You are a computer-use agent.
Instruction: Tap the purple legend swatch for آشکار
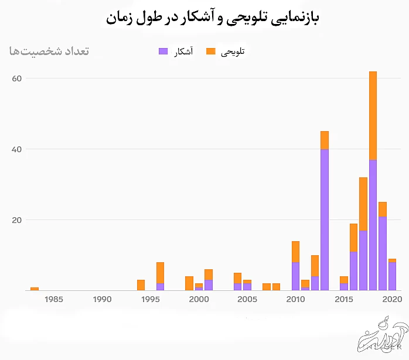[x=163, y=52]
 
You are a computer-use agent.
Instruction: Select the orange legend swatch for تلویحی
[x=211, y=52]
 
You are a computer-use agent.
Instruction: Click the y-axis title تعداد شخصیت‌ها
[x=49, y=51]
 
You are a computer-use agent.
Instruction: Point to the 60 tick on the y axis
[x=16, y=78]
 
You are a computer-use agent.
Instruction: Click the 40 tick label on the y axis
[x=16, y=149]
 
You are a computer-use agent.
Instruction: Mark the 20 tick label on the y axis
[x=16, y=220]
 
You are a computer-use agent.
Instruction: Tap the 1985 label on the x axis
[x=53, y=299]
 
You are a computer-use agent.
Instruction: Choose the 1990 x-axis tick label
[x=102, y=299]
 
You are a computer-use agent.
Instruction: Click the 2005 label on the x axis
[x=247, y=299]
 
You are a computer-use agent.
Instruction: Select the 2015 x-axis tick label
[x=344, y=299]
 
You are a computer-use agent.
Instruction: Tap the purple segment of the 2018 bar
[x=373, y=225]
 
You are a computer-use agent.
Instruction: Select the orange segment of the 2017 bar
[x=363, y=204]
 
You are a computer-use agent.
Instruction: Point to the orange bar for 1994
[x=141, y=285]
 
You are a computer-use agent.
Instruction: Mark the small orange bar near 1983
[x=35, y=289]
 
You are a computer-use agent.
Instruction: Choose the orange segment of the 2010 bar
[x=295, y=252]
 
